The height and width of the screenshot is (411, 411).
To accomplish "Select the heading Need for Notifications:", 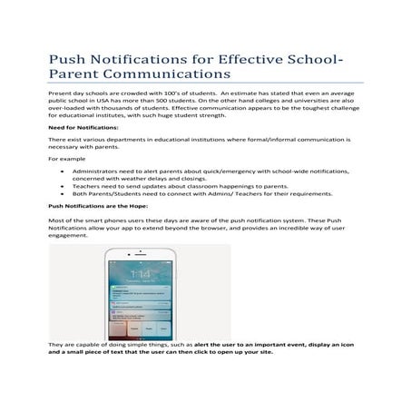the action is pyautogui.click(x=83, y=128).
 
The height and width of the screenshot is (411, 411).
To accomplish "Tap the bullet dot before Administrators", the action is pyautogui.click(x=62, y=170).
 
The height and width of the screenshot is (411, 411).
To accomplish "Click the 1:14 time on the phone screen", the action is pyautogui.click(x=139, y=272).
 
